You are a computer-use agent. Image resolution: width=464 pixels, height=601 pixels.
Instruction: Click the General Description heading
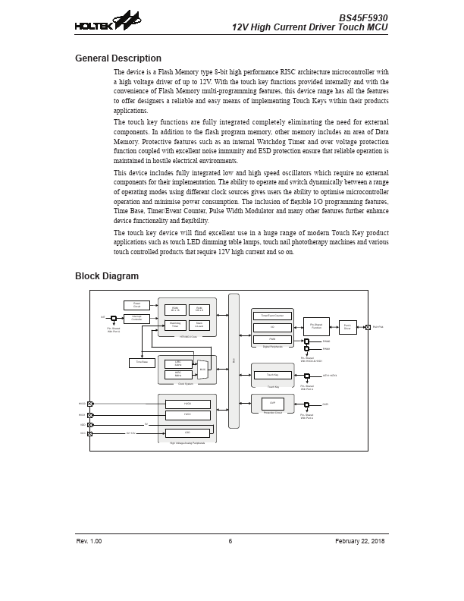tap(118, 58)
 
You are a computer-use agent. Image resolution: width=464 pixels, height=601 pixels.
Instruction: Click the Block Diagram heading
tap(107, 276)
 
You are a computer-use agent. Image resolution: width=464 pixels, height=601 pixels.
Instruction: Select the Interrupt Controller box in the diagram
tap(136, 319)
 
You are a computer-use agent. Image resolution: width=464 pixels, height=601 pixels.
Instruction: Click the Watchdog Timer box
tap(175, 325)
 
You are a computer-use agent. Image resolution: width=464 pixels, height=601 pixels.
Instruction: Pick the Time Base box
tap(142, 363)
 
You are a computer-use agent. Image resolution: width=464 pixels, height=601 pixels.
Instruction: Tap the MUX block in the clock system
tap(202, 370)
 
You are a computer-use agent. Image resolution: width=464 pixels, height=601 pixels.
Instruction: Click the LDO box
tap(187, 433)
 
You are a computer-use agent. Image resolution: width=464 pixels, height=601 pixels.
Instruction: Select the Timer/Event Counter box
tap(271, 316)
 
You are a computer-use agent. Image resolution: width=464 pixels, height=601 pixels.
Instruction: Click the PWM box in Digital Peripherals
tap(271, 339)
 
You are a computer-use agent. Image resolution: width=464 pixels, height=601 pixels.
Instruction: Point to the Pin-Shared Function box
tap(316, 326)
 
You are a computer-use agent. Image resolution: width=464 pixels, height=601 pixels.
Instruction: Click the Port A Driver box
tap(347, 326)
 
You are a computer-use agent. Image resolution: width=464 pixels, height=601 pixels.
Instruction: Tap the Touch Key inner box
tap(272, 375)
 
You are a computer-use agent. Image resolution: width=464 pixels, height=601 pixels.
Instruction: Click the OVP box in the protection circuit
tap(272, 404)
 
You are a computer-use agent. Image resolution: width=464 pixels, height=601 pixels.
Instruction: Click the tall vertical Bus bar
tap(234, 360)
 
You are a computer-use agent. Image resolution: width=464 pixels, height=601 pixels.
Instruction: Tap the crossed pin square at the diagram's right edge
tap(368, 327)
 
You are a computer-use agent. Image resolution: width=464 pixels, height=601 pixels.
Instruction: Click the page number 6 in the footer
tap(230, 540)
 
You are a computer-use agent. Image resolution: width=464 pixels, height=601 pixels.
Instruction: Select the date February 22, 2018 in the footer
tap(360, 540)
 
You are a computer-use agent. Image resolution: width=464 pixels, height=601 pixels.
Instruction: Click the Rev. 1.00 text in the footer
tap(89, 540)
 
